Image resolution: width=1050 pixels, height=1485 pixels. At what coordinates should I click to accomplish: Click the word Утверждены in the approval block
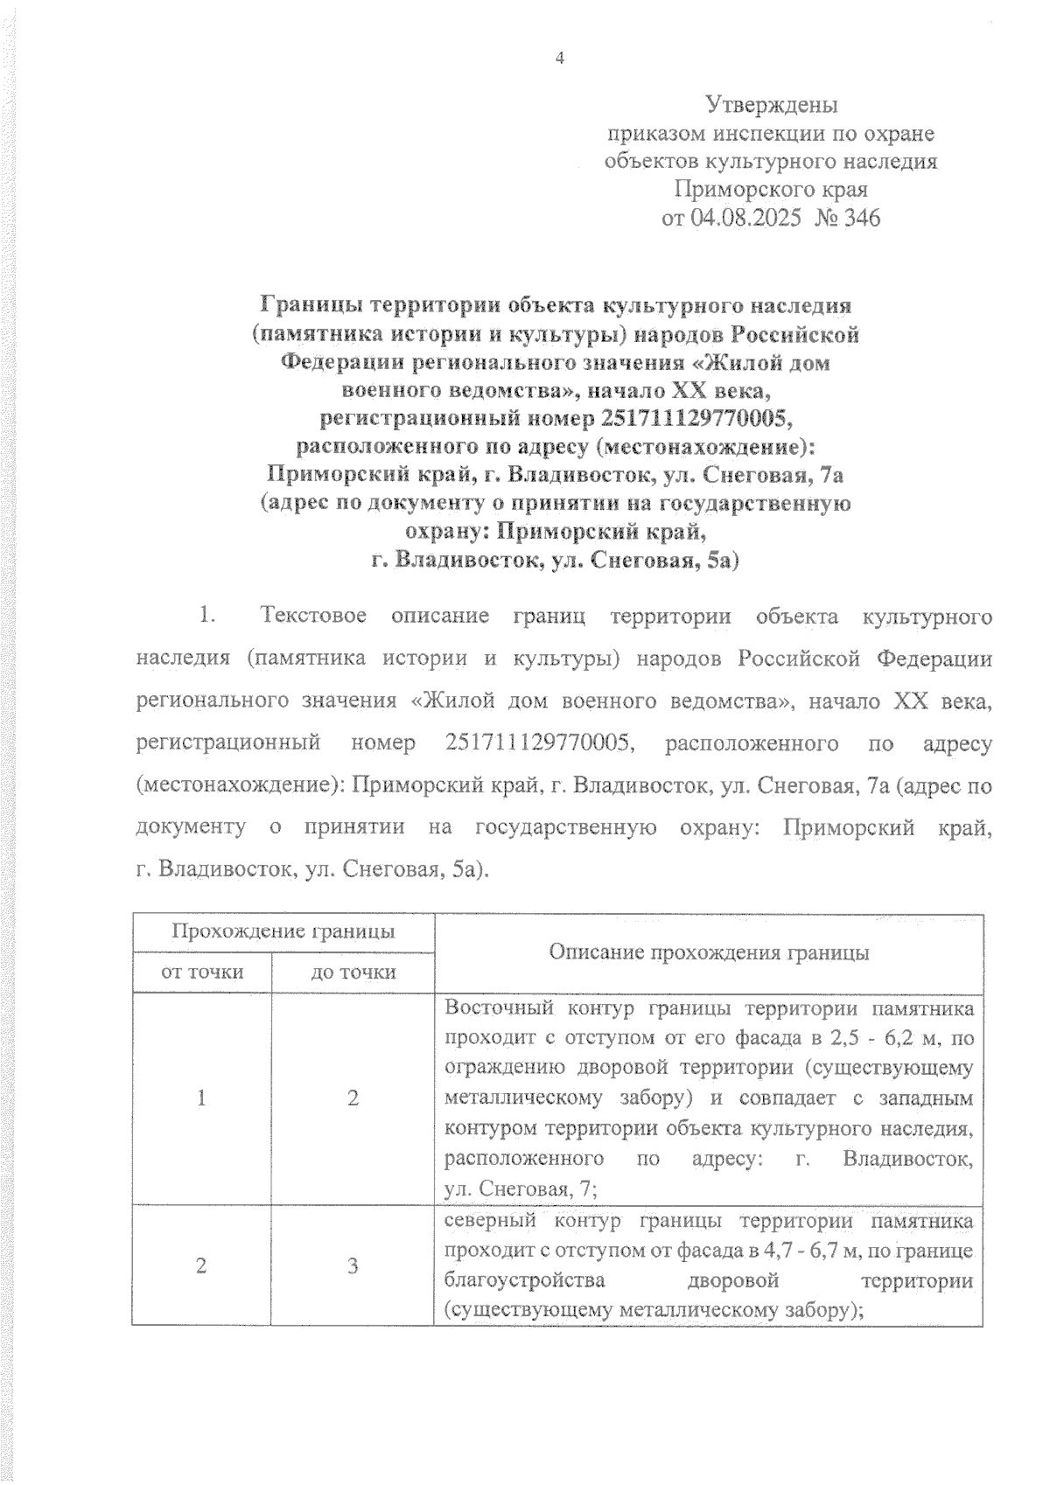pos(771,106)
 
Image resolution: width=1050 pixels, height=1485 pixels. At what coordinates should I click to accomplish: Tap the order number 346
pos(859,218)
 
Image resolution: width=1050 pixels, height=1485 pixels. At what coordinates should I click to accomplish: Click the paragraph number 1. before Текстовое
pos(207,617)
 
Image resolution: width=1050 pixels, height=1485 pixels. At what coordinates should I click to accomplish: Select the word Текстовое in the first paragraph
pos(312,617)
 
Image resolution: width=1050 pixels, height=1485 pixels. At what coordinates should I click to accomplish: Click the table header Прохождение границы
pos(283,931)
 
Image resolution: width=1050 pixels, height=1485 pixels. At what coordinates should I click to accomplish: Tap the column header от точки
pos(202,972)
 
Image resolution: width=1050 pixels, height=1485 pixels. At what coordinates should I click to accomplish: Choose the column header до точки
pos(353,972)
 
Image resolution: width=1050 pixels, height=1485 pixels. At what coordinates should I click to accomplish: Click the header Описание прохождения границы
pos(709,952)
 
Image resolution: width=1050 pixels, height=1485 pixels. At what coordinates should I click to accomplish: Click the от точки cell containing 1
pos(202,1098)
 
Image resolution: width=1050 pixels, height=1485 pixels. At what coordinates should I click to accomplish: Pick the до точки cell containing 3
pos(353,1265)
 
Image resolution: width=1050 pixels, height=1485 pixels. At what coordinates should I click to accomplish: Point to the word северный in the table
pos(487,1221)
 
